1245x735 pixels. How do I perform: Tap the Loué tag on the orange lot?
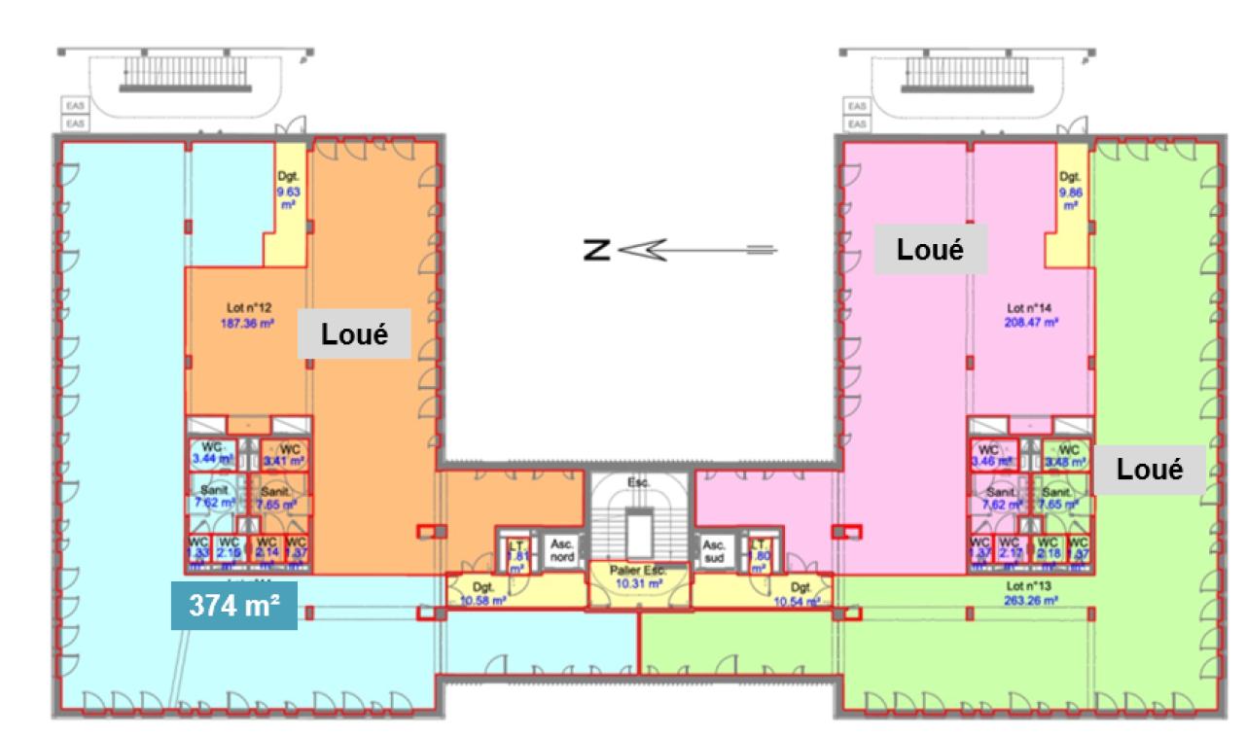click(x=355, y=334)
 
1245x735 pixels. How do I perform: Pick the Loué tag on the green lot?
click(x=1150, y=470)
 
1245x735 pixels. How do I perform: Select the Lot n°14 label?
click(x=1030, y=307)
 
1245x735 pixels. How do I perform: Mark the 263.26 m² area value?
click(x=1030, y=599)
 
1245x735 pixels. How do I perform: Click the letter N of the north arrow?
click(x=595, y=251)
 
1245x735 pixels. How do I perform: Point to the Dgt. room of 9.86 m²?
click(x=1071, y=192)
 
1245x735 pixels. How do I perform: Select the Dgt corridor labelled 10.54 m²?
click(x=800, y=594)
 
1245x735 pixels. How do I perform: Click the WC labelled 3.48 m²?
click(x=1068, y=454)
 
